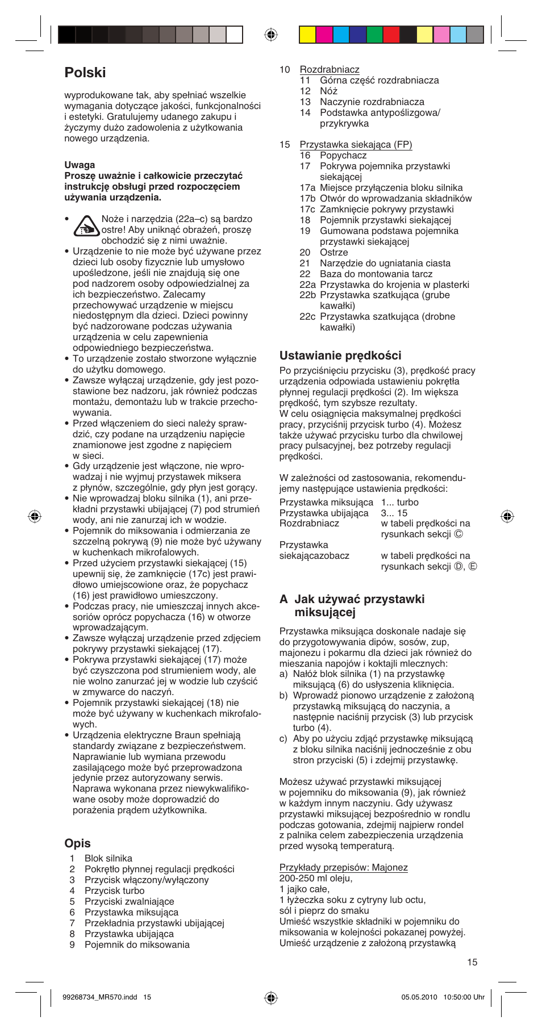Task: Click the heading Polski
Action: click(x=85, y=73)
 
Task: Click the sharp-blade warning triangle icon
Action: click(x=86, y=227)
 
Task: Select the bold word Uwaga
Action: click(x=80, y=165)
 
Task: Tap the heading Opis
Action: click(x=78, y=843)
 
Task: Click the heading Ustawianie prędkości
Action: click(x=340, y=356)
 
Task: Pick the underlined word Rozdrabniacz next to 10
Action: click(x=330, y=70)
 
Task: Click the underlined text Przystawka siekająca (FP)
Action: click(x=356, y=145)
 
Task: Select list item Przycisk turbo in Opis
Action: click(x=114, y=891)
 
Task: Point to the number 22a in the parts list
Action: click(x=307, y=285)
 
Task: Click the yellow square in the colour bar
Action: click(x=307, y=35)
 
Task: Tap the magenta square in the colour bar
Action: click(x=324, y=35)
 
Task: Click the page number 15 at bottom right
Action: click(x=472, y=963)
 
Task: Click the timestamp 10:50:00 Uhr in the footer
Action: click(x=464, y=997)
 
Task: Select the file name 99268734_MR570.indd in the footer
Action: click(x=100, y=997)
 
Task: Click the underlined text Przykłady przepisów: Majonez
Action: click(x=343, y=868)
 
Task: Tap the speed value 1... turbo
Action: click(x=399, y=503)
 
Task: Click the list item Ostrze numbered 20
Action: click(x=333, y=253)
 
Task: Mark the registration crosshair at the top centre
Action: click(x=271, y=35)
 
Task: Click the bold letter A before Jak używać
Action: click(x=283, y=600)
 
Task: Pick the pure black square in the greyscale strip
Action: click(x=66, y=35)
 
